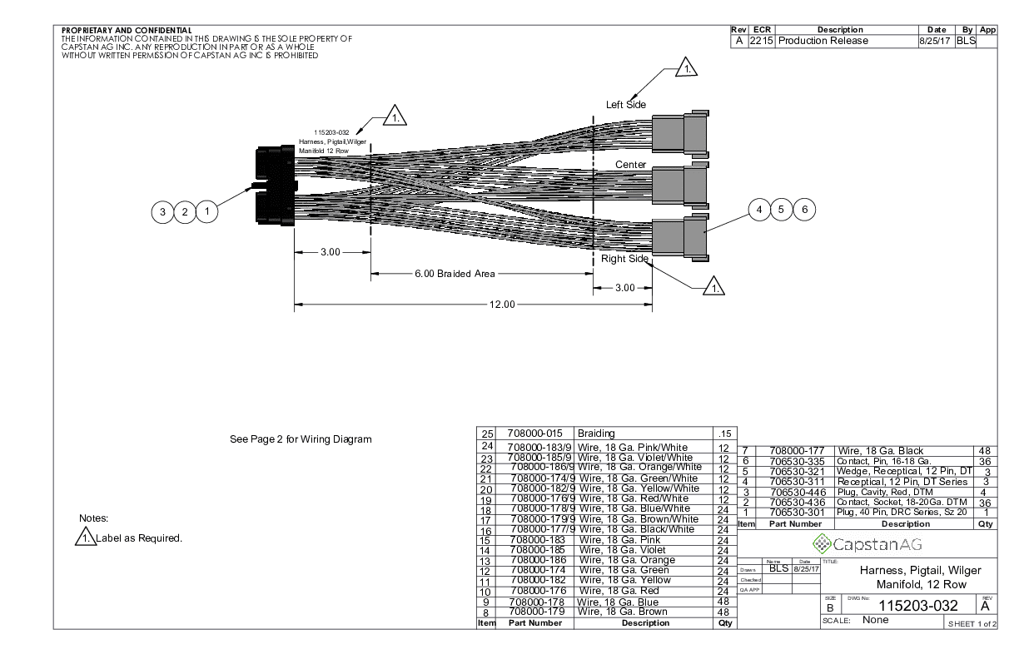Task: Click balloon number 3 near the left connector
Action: coord(162,212)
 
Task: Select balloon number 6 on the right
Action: coord(804,209)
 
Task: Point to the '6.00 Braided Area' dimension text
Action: coord(455,274)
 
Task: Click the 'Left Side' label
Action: coord(626,104)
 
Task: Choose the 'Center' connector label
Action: coord(630,165)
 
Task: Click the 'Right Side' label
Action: coord(625,259)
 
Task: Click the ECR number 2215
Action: coord(761,41)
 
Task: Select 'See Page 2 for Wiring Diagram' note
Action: coord(301,439)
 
